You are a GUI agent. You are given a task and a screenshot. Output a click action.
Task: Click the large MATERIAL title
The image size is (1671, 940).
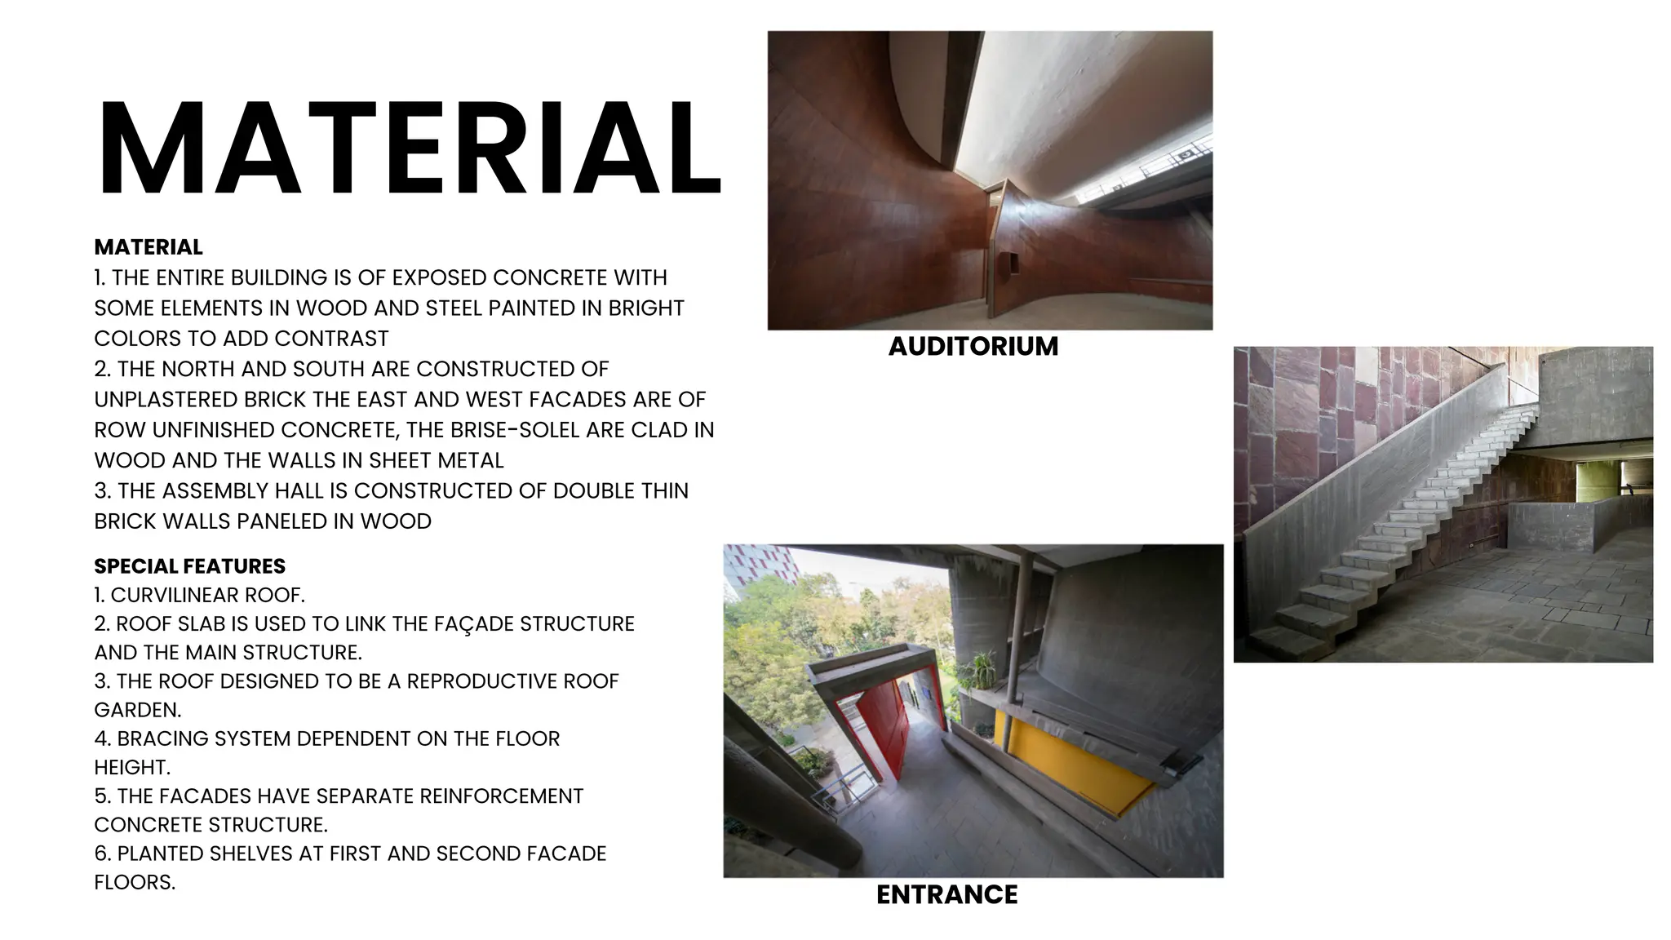[x=408, y=149]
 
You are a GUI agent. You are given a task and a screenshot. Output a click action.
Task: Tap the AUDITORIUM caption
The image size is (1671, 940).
[x=973, y=346]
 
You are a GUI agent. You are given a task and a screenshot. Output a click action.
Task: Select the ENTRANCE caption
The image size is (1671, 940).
[x=946, y=894]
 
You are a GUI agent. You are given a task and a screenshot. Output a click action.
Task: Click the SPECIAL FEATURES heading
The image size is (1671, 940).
[x=189, y=566]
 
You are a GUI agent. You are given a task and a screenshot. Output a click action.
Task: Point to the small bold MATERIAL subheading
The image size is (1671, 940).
[x=148, y=247]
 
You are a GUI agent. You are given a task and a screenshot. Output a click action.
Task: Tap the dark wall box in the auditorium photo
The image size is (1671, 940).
[x=1008, y=264]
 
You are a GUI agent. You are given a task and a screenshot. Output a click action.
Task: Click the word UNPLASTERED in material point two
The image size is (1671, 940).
[x=167, y=400]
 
